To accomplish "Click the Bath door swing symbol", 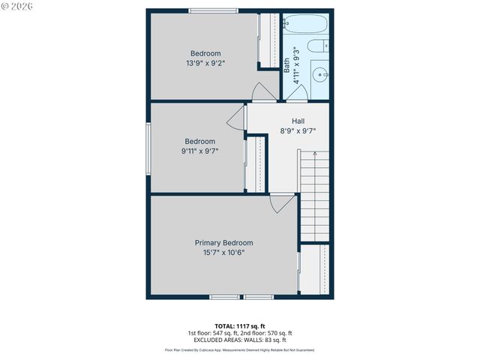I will (x=297, y=92).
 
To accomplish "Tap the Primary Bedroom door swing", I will (x=283, y=203).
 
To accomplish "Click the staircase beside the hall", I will (x=314, y=195).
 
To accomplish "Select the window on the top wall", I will (x=214, y=10).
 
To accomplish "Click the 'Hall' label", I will (x=298, y=121).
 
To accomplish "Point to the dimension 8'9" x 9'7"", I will (x=298, y=130).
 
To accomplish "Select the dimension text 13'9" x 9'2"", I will (x=205, y=63).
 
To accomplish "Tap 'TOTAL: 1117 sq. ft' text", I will (x=239, y=325).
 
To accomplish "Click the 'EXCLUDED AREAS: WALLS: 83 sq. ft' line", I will (x=239, y=340).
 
